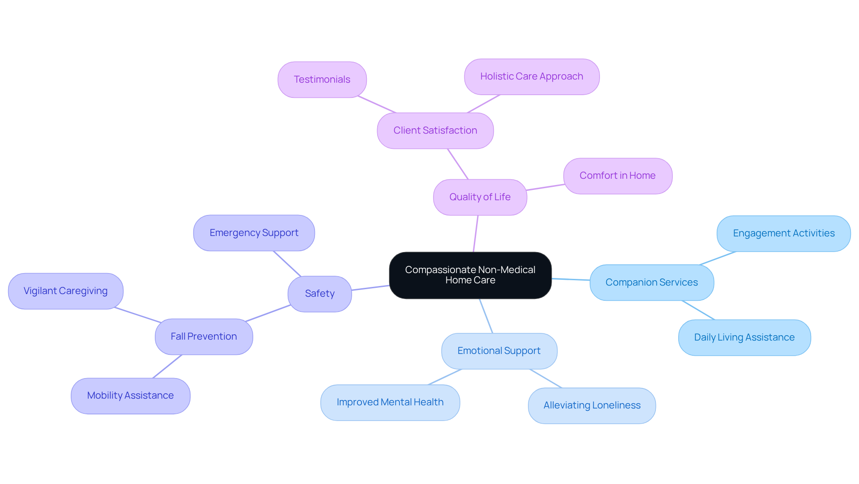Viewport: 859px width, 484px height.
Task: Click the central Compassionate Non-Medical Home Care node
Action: (x=470, y=275)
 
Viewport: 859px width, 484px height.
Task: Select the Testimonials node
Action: (x=322, y=80)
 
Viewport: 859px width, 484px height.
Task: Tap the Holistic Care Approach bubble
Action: (x=532, y=76)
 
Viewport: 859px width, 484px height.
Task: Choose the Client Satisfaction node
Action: (x=435, y=130)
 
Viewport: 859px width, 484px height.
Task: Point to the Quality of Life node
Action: (x=480, y=197)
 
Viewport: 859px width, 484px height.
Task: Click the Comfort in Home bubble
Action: (x=617, y=176)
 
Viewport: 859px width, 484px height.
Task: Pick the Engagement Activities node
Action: (x=783, y=233)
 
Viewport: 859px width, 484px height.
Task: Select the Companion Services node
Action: (x=651, y=282)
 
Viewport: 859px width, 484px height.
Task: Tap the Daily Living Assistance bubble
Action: (x=744, y=337)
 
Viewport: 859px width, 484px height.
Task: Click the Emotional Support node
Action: (x=499, y=351)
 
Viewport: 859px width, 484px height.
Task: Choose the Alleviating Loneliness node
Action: (x=591, y=405)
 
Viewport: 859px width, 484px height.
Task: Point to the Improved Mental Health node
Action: (x=390, y=402)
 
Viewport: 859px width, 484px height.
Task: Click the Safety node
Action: (x=319, y=294)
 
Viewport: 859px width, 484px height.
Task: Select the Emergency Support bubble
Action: (x=254, y=233)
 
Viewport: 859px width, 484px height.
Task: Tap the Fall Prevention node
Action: (x=204, y=337)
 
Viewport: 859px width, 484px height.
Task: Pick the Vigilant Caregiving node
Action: (x=65, y=291)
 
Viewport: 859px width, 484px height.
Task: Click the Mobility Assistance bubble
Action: (x=130, y=396)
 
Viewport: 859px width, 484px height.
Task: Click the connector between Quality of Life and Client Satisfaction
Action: (x=458, y=164)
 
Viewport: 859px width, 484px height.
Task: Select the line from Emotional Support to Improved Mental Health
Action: (x=445, y=377)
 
